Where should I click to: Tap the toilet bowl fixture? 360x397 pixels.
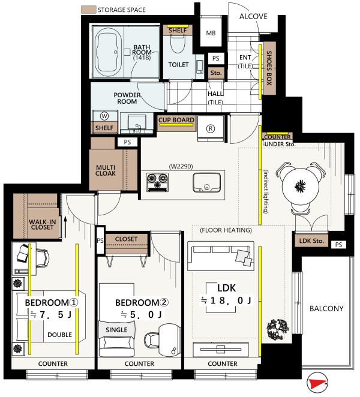[178, 44]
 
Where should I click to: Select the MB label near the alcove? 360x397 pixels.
[211, 33]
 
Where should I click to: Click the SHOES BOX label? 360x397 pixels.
[269, 68]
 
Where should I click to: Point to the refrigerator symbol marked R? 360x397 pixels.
[211, 128]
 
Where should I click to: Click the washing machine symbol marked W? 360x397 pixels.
[104, 116]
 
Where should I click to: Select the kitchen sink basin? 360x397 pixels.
[206, 182]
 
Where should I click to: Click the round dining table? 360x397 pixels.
[301, 187]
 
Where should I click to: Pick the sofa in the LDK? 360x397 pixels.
[221, 256]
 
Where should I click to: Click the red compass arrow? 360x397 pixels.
[316, 383]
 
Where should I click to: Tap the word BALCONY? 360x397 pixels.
[326, 308]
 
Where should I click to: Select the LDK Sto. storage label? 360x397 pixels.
[311, 241]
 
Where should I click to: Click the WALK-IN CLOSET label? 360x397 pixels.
[43, 224]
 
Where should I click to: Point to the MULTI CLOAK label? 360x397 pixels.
[106, 170]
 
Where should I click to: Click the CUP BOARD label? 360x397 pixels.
[176, 120]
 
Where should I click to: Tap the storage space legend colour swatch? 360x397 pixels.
[88, 10]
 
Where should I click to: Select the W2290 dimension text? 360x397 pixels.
[181, 166]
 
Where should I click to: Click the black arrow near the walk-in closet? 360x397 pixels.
[65, 227]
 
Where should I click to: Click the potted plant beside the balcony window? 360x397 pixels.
[277, 330]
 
